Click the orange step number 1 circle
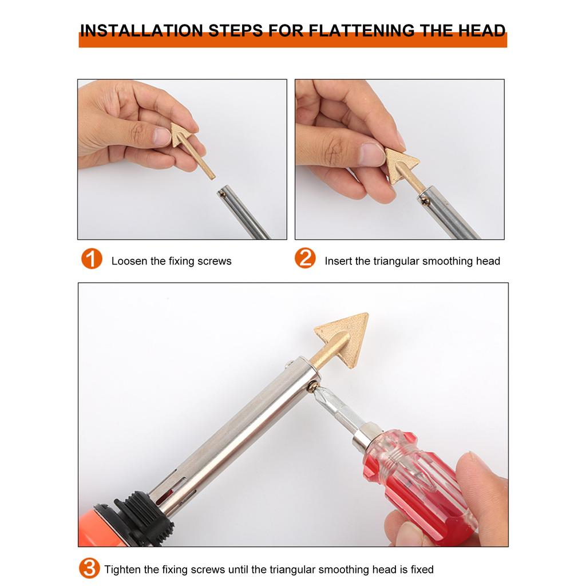(92, 259)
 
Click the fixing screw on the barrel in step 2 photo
(425, 200)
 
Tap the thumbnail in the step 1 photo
(162, 136)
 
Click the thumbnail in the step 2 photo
(371, 154)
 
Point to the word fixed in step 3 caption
(421, 569)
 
